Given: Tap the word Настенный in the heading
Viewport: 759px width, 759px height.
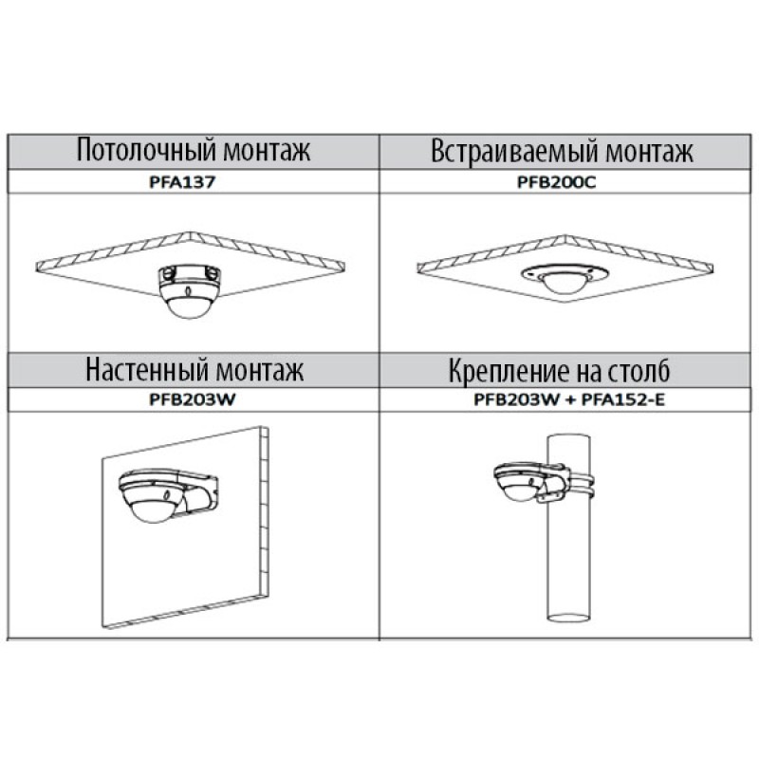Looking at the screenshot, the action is (147, 369).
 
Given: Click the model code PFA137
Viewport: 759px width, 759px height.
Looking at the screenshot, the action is (182, 182).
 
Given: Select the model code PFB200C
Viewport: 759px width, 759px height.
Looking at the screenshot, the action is (557, 182).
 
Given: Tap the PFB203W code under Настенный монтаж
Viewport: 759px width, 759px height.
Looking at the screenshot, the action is (193, 399).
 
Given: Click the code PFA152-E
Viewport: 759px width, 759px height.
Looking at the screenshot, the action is (623, 399).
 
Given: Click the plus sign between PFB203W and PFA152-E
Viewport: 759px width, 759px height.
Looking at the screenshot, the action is (570, 400).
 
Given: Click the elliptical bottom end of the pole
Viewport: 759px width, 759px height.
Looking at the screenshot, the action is (568, 618).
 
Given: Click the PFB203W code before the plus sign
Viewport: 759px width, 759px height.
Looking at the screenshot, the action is (516, 399).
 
